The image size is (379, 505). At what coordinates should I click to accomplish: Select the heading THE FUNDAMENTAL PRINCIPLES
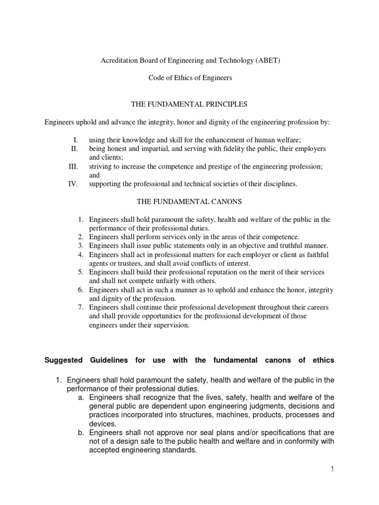point(189,105)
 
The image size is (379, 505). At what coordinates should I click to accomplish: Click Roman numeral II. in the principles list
point(75,148)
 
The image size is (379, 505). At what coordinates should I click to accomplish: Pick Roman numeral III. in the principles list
point(74,167)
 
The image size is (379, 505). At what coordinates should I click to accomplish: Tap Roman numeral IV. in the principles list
point(74,184)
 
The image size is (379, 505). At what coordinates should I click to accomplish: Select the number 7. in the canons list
point(81,307)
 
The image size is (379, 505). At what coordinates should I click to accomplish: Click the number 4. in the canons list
point(81,254)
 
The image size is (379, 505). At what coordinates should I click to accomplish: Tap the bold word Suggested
point(63,361)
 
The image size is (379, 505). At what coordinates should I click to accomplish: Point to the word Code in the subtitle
point(157,78)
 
